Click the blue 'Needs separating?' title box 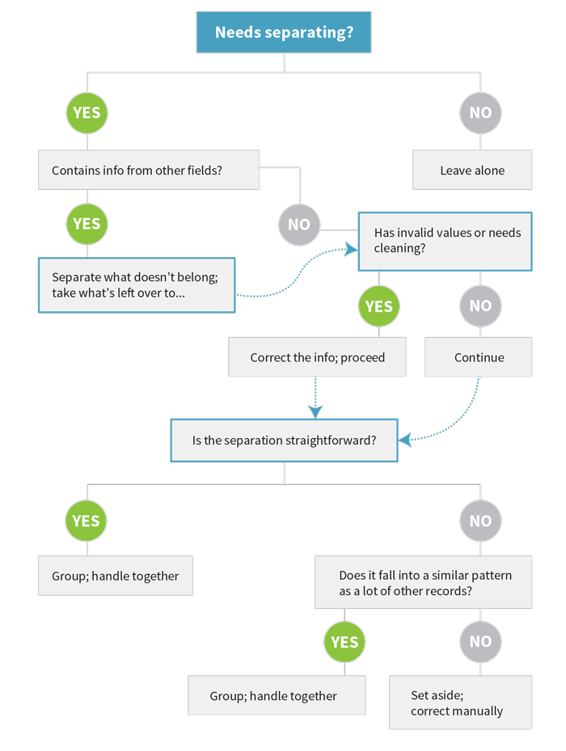[x=284, y=32]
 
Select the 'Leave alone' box [x=472, y=170]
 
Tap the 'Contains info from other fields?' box [x=149, y=170]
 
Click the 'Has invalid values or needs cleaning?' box [x=446, y=242]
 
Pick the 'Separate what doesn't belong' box [x=137, y=285]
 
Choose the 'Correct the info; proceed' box [x=317, y=357]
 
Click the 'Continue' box [x=479, y=357]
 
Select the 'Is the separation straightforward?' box [x=284, y=440]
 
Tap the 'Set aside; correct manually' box [x=461, y=702]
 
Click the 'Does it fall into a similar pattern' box [x=423, y=582]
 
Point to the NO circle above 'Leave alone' [x=480, y=113]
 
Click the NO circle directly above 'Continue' [x=480, y=306]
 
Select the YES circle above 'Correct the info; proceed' [x=378, y=306]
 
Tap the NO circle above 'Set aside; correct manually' [x=480, y=642]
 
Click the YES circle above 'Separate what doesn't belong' [x=87, y=224]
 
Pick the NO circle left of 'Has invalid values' [x=299, y=225]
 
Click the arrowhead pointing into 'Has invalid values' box [x=352, y=249]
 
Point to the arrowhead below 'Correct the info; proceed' [x=315, y=412]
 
